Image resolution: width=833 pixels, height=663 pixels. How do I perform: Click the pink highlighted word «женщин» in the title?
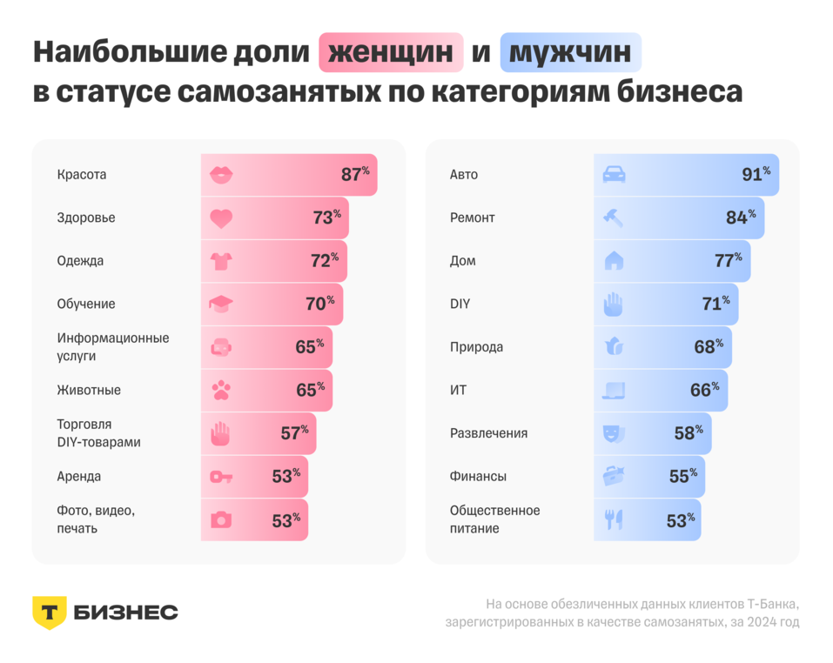tap(391, 53)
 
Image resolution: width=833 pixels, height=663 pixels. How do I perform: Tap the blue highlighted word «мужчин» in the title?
tap(570, 53)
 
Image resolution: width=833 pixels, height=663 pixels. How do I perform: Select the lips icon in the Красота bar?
tap(222, 175)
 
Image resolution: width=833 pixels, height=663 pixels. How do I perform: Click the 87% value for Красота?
tap(354, 174)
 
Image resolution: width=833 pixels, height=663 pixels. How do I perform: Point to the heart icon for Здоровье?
tap(222, 218)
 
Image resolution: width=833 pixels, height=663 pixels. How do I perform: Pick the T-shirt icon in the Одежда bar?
tap(222, 261)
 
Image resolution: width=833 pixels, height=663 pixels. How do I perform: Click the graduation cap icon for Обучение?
tap(222, 305)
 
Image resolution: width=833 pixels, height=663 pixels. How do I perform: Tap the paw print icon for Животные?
tap(222, 391)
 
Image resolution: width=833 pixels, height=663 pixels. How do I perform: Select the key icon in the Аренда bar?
tap(222, 477)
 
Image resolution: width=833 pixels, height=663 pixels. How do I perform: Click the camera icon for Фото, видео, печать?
tap(222, 520)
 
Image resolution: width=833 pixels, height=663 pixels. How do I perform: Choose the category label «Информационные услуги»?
tap(113, 346)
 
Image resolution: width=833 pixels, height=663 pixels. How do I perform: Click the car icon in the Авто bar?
tap(615, 175)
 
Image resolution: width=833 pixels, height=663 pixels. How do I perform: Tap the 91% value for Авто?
tap(756, 174)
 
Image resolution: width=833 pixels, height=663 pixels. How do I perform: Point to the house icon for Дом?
tap(614, 261)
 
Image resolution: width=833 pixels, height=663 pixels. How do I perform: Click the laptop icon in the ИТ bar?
tap(614, 391)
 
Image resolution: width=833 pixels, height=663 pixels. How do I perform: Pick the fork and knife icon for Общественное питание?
tap(614, 520)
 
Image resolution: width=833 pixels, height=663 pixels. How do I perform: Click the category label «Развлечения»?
tap(488, 433)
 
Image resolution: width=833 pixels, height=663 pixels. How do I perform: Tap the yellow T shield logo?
tap(49, 613)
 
